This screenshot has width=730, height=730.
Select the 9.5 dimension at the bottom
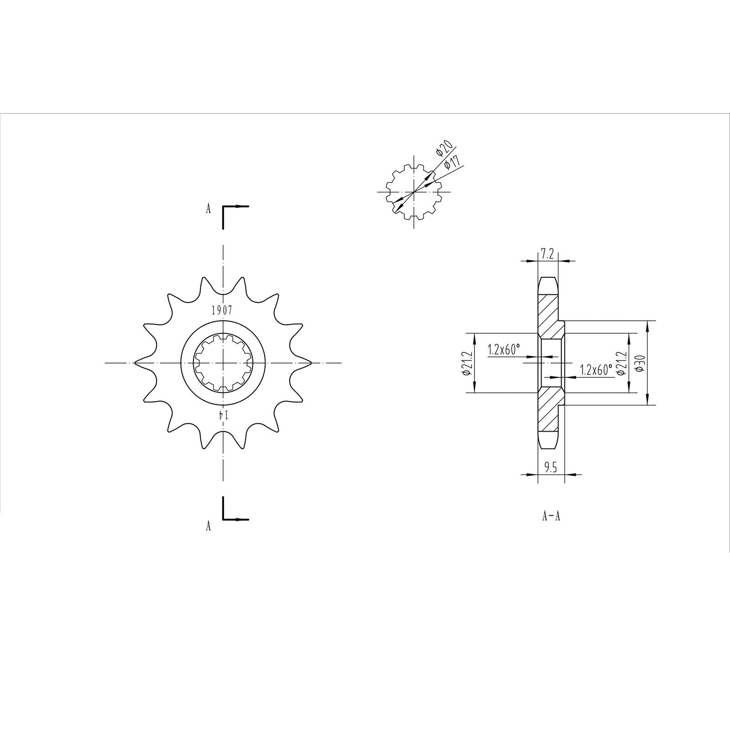[x=551, y=468]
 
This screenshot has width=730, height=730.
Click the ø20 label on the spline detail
[x=444, y=149]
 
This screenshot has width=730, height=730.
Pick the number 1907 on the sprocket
[x=222, y=311]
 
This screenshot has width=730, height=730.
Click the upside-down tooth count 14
[x=222, y=414]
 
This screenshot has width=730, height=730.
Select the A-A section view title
[x=551, y=516]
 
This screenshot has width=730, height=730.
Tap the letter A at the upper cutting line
[x=208, y=209]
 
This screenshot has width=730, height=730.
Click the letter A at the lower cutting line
[x=208, y=526]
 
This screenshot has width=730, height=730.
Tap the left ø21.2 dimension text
[x=466, y=363]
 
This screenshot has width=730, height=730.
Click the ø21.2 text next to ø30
[x=620, y=363]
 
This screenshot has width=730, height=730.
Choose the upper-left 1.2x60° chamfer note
[x=504, y=350]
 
